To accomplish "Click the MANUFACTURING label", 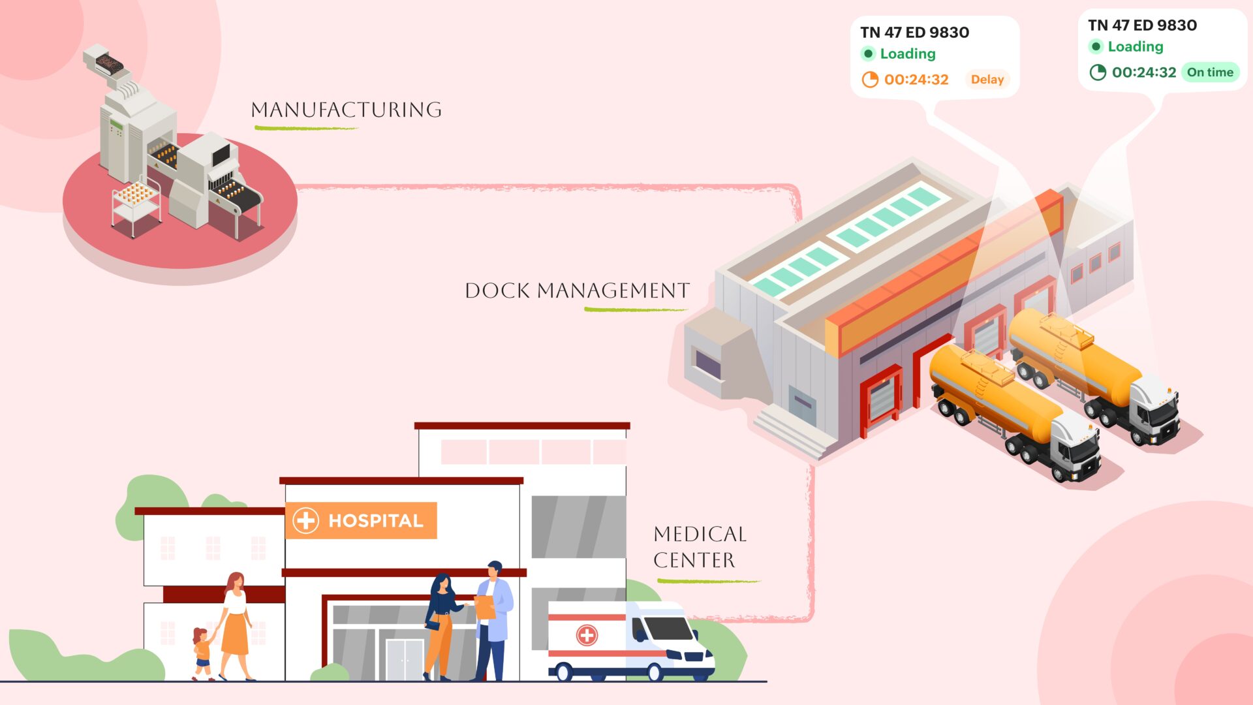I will pos(347,110).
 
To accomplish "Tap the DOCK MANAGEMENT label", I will pos(577,290).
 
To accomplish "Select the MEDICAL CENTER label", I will pos(699,547).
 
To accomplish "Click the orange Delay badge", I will pos(987,80).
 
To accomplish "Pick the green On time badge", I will pos(1210,72).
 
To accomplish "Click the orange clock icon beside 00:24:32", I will pos(870,80).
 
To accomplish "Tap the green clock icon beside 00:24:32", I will pos(1098,72).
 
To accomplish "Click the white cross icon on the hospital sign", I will pos(305,520).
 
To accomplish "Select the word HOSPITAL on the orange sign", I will pos(376,521).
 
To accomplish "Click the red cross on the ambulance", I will pos(587,634).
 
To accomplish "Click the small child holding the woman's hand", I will pos(202,653).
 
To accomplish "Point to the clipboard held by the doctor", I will pos(484,607).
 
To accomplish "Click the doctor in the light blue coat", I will pos(495,620).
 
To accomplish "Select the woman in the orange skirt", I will pos(235,627).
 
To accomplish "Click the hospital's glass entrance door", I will pos(405,659).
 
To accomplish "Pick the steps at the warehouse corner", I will pos(793,431).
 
